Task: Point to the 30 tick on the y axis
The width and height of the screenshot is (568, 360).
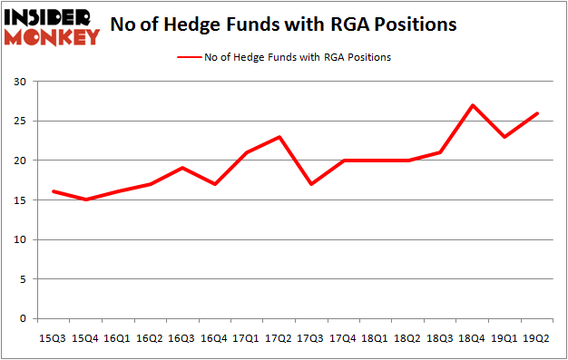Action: point(19,82)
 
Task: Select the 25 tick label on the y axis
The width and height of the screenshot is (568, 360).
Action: point(19,121)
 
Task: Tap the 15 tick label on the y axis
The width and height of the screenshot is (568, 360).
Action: point(19,200)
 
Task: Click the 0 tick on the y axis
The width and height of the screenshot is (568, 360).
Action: point(23,319)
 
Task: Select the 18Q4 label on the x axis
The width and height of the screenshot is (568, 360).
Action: point(472,338)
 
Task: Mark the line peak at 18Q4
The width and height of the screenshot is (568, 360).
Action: point(471,105)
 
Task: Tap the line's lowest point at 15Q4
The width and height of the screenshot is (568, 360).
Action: point(85,199)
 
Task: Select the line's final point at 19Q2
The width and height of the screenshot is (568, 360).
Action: point(538,113)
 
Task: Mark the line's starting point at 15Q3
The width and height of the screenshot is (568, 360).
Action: point(54,191)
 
